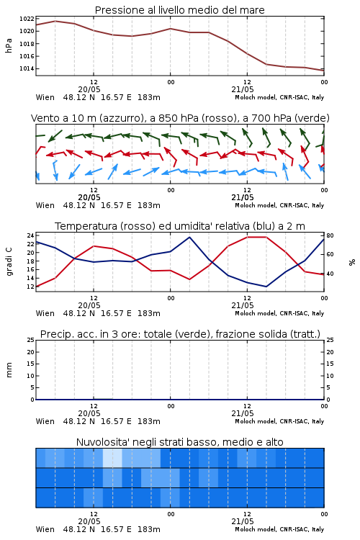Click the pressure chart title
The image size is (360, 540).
click(179, 10)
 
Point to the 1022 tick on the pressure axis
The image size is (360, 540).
click(27, 19)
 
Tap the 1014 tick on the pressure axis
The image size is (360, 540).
click(27, 68)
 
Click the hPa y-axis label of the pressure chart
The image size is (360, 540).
click(9, 45)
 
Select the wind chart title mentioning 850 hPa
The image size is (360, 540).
click(180, 118)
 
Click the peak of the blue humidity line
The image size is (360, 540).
click(189, 237)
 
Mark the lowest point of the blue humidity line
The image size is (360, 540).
click(266, 287)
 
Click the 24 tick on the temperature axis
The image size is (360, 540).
click(31, 235)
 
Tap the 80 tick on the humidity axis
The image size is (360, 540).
click(330, 235)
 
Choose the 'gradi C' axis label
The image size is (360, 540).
click(9, 261)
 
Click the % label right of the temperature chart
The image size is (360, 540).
click(352, 262)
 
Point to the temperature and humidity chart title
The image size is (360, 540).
click(180, 226)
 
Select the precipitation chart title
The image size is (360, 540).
click(180, 334)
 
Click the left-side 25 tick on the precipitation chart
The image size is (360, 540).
click(31, 340)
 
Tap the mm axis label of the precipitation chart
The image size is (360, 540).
click(9, 370)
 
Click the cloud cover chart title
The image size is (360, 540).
click(179, 442)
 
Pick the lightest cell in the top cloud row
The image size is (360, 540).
click(112, 458)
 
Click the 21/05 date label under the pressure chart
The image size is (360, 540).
click(243, 89)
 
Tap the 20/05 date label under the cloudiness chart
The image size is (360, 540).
click(89, 521)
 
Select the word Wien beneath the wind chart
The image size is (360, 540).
click(45, 206)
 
